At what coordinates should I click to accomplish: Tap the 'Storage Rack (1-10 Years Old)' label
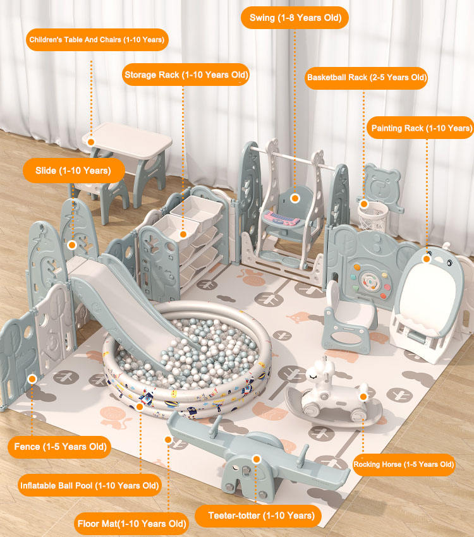(186, 75)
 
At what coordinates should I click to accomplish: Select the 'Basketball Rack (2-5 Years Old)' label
(367, 78)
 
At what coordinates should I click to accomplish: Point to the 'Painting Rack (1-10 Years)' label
(421, 128)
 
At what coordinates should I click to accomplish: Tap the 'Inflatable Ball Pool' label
(89, 485)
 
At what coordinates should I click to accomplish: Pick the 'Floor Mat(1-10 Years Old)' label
(131, 523)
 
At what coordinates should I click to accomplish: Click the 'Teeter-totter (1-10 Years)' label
(261, 516)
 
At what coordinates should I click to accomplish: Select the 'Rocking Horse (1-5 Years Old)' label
(403, 464)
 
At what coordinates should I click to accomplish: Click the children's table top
(127, 142)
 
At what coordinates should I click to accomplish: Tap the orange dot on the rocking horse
(363, 396)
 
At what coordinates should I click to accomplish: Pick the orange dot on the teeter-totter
(256, 459)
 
